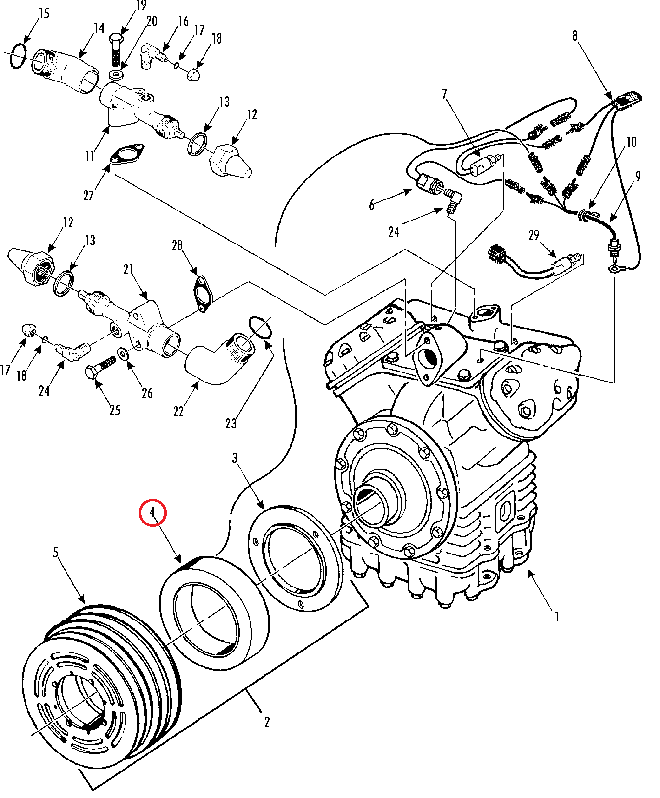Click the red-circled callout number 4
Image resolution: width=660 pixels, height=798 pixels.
pos(152,512)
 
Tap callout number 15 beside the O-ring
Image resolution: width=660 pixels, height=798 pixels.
pos(44,14)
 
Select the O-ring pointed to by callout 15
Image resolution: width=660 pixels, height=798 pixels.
pos(18,56)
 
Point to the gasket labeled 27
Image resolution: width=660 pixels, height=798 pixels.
pos(127,154)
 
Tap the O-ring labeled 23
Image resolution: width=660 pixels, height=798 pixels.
pos(260,327)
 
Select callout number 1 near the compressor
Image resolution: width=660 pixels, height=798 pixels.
pos(557,616)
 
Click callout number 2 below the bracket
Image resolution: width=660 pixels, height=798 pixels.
pos(267,722)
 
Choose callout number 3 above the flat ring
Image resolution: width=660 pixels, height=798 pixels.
pos(235,458)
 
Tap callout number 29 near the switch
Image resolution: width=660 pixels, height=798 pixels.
pos(534,235)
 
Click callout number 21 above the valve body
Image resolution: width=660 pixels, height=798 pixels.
pos(128,269)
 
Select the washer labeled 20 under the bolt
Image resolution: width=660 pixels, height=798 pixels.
pos(116,74)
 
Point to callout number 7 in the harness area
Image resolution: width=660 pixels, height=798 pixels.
pos(445,94)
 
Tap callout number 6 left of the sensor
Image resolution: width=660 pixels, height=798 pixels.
pos(372,205)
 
